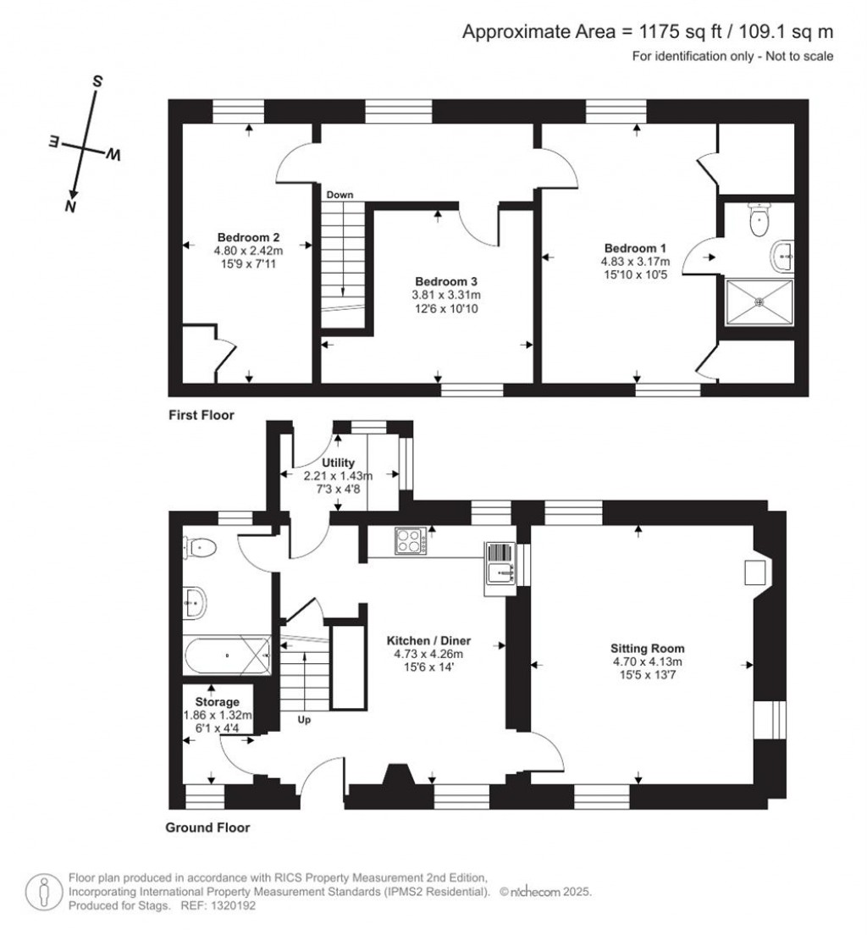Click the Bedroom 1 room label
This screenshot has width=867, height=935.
pos(635,248)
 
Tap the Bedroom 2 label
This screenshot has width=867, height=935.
pos(248,237)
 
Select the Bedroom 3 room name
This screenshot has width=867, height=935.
pos(446,281)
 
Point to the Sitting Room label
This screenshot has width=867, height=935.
pos(647,648)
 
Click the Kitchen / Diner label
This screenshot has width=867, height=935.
pos(428,640)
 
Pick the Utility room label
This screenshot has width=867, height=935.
pos(338,462)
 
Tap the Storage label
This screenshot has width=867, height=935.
pos(217,702)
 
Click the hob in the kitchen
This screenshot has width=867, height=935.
pos(411,541)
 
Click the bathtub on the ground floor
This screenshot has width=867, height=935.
pos(228,655)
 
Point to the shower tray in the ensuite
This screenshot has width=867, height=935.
pos(759,302)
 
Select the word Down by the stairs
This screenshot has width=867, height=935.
pos(340,195)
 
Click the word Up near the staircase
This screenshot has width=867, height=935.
pos(304,721)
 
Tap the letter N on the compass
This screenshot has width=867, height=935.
pos(71,207)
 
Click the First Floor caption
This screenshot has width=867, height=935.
pos(202,415)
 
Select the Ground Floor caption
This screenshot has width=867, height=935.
pos(207,827)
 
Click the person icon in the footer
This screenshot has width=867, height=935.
pos(43,892)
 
